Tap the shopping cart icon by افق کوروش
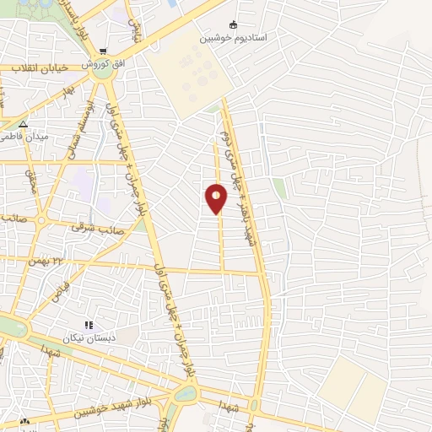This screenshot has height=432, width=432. [x=103, y=51]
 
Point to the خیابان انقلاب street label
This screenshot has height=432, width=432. [x=29, y=67]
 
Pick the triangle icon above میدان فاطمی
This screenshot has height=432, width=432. [x=24, y=123]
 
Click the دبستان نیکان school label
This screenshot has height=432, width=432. [x=88, y=337]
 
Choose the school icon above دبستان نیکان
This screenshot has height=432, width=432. [x=88, y=325]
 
